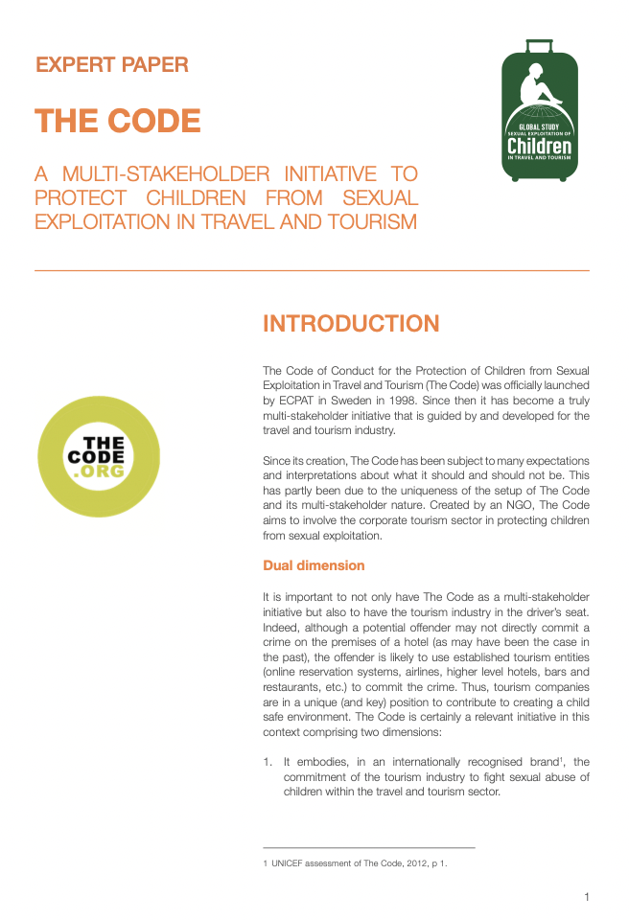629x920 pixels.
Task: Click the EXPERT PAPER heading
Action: tap(112, 65)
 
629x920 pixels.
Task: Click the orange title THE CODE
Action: tap(118, 122)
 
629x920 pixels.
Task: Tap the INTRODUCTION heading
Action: tap(351, 324)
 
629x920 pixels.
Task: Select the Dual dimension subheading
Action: tap(314, 565)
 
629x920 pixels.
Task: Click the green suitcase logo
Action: tap(540, 115)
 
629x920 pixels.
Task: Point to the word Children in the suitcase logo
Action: tap(539, 147)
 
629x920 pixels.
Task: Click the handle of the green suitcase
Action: tap(540, 45)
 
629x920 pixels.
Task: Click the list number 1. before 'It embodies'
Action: tap(268, 762)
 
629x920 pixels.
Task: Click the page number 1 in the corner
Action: tap(586, 897)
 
